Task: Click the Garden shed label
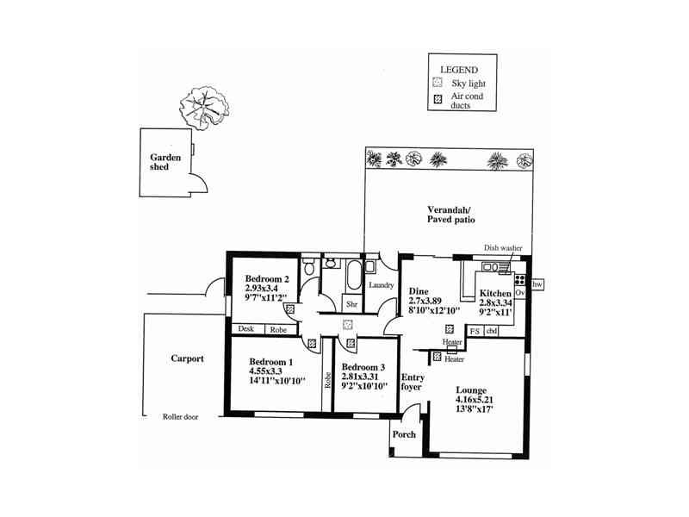(x=164, y=162)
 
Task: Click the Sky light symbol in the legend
(x=438, y=83)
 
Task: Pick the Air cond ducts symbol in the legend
(x=438, y=101)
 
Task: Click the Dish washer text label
(x=503, y=247)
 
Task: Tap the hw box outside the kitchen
(x=537, y=284)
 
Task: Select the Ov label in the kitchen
(x=519, y=294)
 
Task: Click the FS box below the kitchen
(x=474, y=330)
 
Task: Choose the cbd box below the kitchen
(x=492, y=330)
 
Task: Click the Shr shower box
(x=351, y=304)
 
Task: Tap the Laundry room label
(x=381, y=285)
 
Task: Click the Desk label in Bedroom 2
(x=245, y=329)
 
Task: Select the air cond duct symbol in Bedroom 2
(x=290, y=308)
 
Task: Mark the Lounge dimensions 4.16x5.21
(x=475, y=400)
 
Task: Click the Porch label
(x=404, y=434)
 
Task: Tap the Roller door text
(x=181, y=416)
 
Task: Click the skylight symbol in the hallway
(x=347, y=325)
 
